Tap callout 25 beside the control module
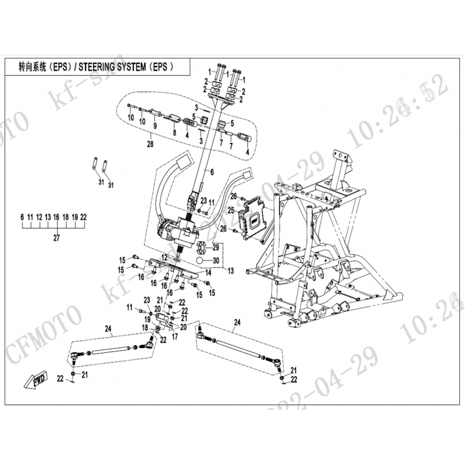pyautogui.click(x=230, y=210)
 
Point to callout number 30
pyautogui.click(x=215, y=260)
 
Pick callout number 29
pyautogui.click(x=215, y=247)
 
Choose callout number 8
pyautogui.click(x=174, y=133)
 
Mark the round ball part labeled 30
pyautogui.click(x=200, y=260)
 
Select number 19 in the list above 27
pyautogui.click(x=74, y=216)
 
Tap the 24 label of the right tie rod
pyautogui.click(x=237, y=321)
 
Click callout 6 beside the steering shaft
pyautogui.click(x=212, y=172)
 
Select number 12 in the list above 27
pyautogui.click(x=39, y=216)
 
